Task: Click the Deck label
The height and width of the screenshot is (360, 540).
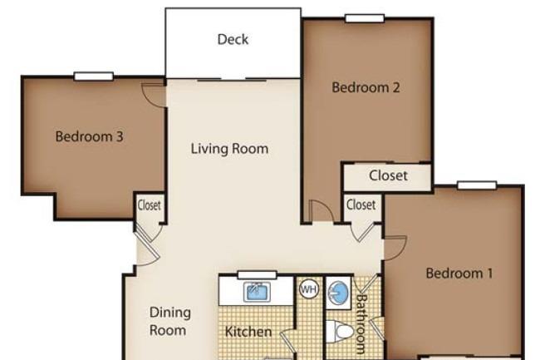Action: (x=233, y=39)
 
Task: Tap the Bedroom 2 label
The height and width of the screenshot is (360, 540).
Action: (x=366, y=87)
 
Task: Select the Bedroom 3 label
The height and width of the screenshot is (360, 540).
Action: (x=89, y=136)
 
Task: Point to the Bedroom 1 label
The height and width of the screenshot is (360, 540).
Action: (x=459, y=274)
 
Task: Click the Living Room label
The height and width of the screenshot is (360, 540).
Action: (x=229, y=149)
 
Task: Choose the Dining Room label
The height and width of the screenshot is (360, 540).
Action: (x=169, y=322)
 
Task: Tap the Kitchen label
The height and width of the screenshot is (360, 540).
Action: (x=248, y=332)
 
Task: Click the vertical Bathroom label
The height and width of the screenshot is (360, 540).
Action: (x=361, y=323)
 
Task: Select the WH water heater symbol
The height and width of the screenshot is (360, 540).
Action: (x=308, y=289)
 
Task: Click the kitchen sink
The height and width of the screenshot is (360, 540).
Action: (x=257, y=293)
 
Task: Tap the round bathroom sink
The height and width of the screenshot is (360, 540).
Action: (x=338, y=293)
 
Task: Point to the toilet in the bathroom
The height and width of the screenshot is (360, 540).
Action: (x=340, y=332)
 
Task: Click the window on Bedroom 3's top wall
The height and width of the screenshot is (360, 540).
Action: (x=94, y=76)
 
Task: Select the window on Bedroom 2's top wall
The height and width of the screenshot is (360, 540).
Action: (x=365, y=18)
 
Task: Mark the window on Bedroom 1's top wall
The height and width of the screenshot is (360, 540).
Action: (x=477, y=185)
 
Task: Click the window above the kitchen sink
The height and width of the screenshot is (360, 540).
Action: (x=258, y=275)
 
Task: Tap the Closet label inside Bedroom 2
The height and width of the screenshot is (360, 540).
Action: (x=388, y=175)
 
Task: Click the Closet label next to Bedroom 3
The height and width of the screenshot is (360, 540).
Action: (x=149, y=205)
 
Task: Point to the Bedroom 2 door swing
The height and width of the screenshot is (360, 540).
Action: (x=322, y=210)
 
